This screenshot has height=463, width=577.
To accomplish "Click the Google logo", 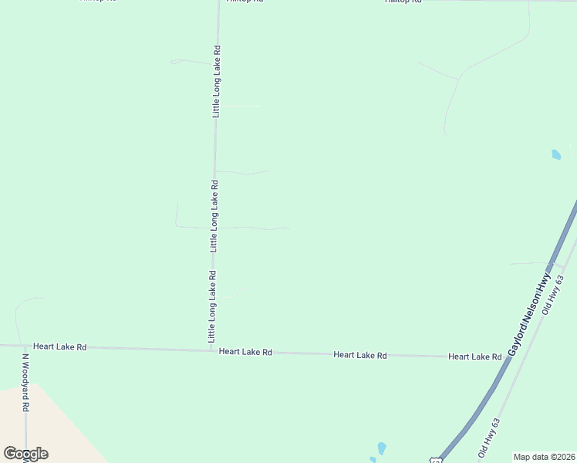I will pos(25,454).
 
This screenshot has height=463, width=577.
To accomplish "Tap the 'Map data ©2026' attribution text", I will pos(544,457).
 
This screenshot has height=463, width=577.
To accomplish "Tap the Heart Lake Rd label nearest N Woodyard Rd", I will pos(59,347).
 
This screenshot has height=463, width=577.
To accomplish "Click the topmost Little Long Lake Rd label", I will pos(217,81).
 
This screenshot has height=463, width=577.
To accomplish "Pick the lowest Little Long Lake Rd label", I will pos(211,307).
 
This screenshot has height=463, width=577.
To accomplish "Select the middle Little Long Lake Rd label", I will pos(214,216).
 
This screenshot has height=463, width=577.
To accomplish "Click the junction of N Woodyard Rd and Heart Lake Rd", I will pos(25,346).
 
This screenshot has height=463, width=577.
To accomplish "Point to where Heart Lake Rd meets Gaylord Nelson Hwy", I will pos(510,358).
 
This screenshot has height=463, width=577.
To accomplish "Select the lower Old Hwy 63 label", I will pos(490,438).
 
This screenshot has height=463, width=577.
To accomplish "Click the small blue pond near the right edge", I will pos(556,154).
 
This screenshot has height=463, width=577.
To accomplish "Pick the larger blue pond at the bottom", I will pos(381,448).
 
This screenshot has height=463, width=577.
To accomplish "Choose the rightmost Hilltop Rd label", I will pos(403,2).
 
